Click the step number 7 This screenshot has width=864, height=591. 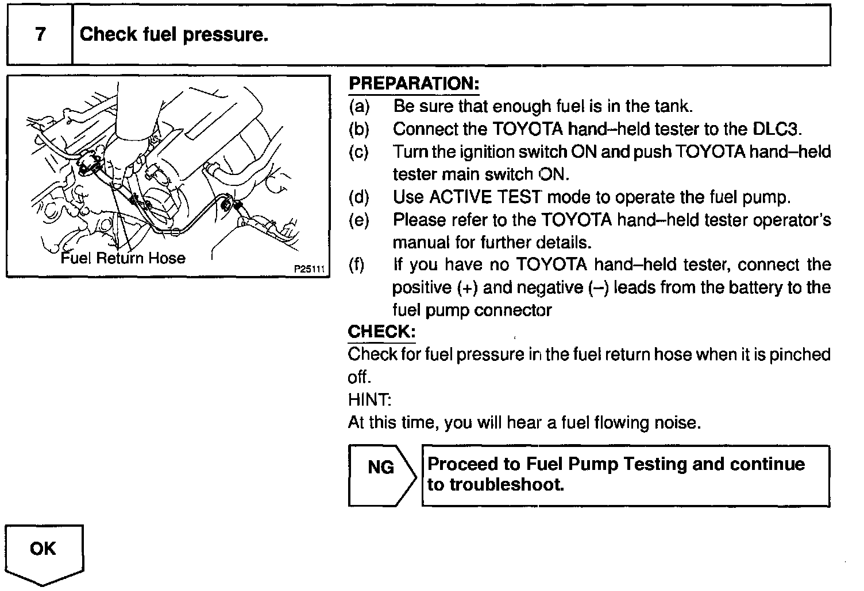tap(40, 35)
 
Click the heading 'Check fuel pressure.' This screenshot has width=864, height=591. tap(174, 35)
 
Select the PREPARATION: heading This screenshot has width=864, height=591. tap(414, 84)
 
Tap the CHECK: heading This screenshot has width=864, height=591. tap(381, 332)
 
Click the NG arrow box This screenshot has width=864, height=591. tap(381, 476)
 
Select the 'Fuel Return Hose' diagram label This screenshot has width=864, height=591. tap(123, 258)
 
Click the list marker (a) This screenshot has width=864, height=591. tap(359, 107)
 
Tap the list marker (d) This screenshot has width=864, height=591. tap(359, 197)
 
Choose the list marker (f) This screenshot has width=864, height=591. tap(357, 265)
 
